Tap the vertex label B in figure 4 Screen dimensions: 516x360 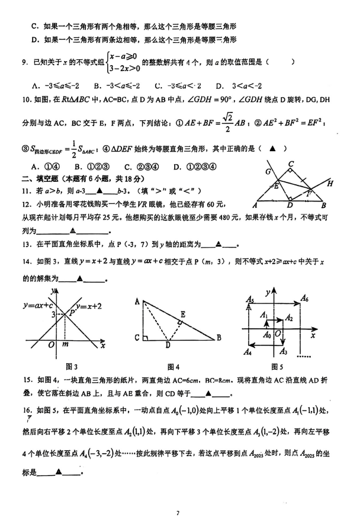click(220, 338)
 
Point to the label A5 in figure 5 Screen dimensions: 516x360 click(250, 300)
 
